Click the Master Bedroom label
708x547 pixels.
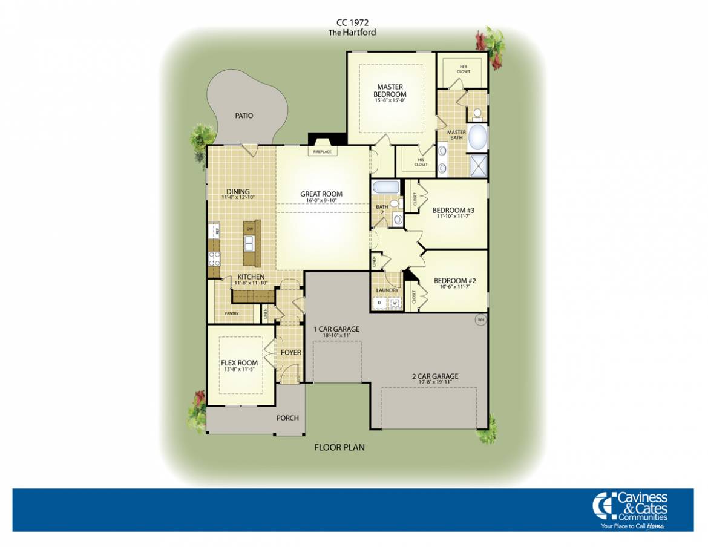click(390, 91)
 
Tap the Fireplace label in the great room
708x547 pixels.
click(321, 152)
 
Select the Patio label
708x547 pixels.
click(244, 116)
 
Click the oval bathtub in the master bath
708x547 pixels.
click(478, 137)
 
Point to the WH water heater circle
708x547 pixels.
click(481, 319)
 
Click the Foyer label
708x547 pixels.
click(291, 352)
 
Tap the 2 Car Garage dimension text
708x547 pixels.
click(434, 382)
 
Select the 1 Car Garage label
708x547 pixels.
click(336, 329)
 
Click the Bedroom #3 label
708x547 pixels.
click(453, 211)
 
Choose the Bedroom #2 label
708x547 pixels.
click(455, 281)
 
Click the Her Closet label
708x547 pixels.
click(464, 69)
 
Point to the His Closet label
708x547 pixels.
click(421, 162)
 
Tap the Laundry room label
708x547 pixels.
click(387, 290)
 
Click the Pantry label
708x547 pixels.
click(231, 313)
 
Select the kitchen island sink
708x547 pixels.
click(249, 243)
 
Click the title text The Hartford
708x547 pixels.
click(352, 33)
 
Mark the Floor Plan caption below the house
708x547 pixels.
click(339, 448)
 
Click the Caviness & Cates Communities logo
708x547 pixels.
click(631, 509)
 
